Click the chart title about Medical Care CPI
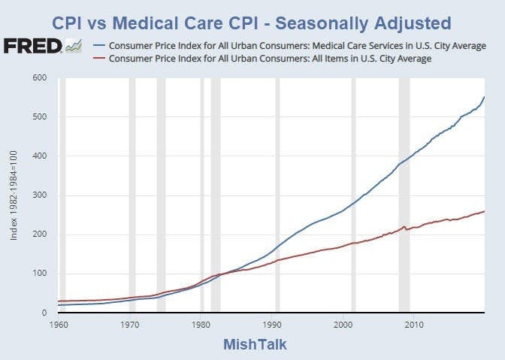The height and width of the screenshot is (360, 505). pyautogui.click(x=252, y=20)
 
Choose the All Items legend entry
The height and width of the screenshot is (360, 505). pyautogui.click(x=270, y=59)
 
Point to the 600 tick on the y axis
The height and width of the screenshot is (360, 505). pyautogui.click(x=40, y=78)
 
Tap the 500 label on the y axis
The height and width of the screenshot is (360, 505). pyautogui.click(x=40, y=117)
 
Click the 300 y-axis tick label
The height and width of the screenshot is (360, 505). pyautogui.click(x=40, y=195)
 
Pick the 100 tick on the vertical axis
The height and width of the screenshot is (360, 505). pyautogui.click(x=40, y=274)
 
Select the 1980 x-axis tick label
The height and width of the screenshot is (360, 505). pyautogui.click(x=201, y=325)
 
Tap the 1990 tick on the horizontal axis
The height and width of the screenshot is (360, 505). pyautogui.click(x=271, y=325)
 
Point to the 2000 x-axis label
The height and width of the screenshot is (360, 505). pyautogui.click(x=343, y=325)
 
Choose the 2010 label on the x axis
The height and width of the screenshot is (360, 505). pyautogui.click(x=413, y=325)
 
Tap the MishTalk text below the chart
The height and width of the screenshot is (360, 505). pyautogui.click(x=254, y=344)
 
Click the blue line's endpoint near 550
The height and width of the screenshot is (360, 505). pyautogui.click(x=484, y=97)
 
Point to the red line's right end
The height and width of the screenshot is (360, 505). pyautogui.click(x=484, y=211)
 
